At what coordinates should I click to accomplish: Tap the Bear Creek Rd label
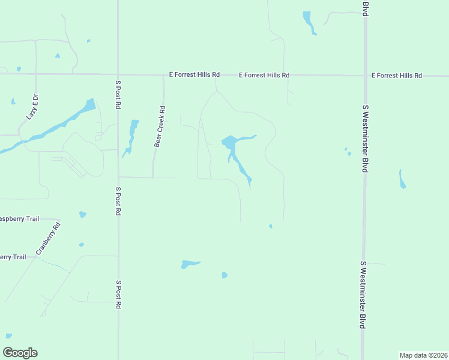[x=160, y=127]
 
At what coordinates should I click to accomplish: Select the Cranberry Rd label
[x=49, y=239]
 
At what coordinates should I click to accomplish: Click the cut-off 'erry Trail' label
[x=13, y=257]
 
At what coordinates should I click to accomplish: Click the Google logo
[x=20, y=353]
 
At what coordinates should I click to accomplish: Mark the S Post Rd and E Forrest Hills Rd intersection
[x=118, y=74]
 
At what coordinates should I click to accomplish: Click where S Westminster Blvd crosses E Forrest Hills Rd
[x=364, y=76]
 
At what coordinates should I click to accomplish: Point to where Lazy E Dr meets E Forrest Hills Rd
[x=35, y=74]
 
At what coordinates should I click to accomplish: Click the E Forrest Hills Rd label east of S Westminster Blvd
[x=397, y=76]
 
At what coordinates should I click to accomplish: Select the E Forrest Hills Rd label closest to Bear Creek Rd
[x=194, y=75]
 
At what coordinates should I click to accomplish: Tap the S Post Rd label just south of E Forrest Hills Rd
[x=118, y=94]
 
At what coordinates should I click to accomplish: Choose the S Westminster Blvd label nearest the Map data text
[x=363, y=295]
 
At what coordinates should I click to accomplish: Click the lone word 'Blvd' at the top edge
[x=364, y=8]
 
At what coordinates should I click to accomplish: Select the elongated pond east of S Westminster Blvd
[x=402, y=179]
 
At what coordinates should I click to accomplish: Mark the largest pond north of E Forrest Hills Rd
[x=309, y=22]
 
